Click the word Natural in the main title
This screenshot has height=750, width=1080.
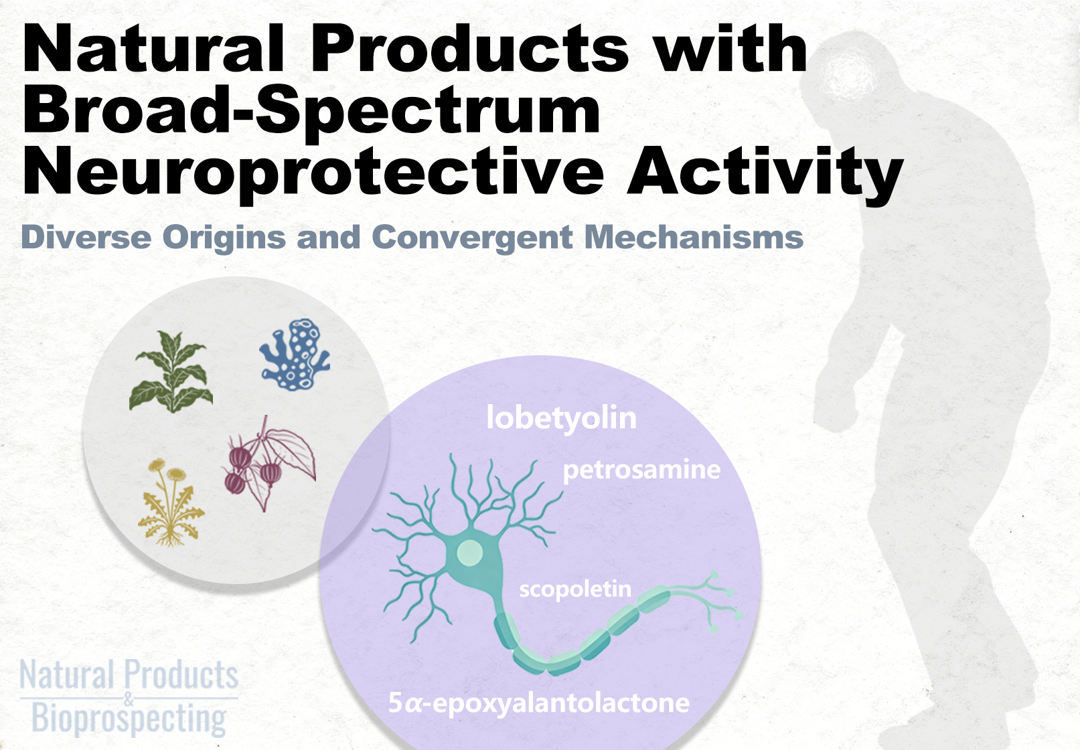click(x=154, y=49)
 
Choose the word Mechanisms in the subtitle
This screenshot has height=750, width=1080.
click(x=694, y=237)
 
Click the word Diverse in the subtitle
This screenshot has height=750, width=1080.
click(x=86, y=237)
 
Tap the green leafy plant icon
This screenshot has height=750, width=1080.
click(x=171, y=371)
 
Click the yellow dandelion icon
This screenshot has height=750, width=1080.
click(x=171, y=503)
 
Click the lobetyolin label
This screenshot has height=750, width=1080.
click(x=561, y=417)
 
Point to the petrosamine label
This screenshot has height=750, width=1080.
click(x=641, y=470)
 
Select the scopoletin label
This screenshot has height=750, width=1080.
click(x=574, y=589)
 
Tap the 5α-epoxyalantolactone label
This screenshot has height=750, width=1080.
click(x=538, y=704)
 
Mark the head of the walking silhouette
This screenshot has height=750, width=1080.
click(x=848, y=72)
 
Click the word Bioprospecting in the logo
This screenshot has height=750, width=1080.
click(x=129, y=719)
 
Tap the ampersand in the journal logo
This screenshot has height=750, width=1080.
click(x=129, y=698)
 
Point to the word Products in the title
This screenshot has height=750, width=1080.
click(x=470, y=49)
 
